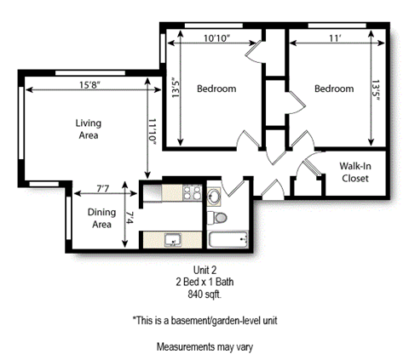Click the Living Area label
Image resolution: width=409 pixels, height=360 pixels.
[x=88, y=129]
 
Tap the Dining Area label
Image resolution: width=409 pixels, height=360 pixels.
[x=102, y=219]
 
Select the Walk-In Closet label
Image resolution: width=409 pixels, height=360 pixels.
[x=355, y=173]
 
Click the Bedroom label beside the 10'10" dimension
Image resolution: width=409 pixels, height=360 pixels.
[x=216, y=89]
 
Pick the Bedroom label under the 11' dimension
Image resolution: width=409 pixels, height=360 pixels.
[x=333, y=89]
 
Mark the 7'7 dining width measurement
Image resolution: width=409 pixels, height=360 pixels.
[x=104, y=188]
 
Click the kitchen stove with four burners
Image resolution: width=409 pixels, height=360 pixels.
[x=190, y=196]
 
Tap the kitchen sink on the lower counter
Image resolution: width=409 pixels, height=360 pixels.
[x=173, y=239]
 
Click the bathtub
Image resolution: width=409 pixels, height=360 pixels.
[x=228, y=240]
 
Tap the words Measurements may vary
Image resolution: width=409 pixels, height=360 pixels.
[x=204, y=347]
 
